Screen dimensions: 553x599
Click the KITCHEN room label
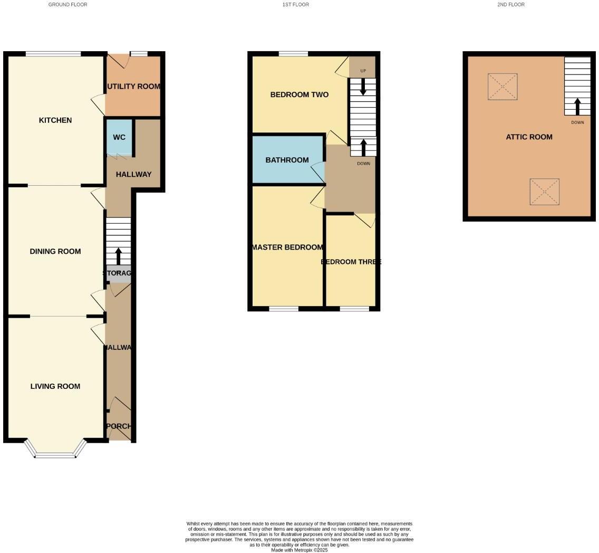tap(55, 120)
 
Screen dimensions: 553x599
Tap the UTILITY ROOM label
tap(133, 86)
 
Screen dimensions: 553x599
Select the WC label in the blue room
tap(119, 137)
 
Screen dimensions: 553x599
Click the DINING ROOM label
tap(55, 251)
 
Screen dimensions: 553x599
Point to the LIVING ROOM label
tap(55, 386)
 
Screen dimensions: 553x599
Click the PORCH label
tap(119, 426)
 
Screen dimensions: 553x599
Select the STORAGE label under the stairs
tap(117, 273)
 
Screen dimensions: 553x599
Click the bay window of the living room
tap(55, 450)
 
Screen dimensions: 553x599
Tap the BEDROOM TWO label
tap(299, 94)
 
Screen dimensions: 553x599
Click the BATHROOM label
tap(287, 160)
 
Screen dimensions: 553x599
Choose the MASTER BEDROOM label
tap(287, 247)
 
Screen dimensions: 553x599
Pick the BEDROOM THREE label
tap(351, 262)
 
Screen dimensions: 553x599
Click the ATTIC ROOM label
tap(529, 137)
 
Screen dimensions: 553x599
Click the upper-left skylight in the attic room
tap(503, 87)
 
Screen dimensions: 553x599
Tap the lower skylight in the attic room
tap(544, 192)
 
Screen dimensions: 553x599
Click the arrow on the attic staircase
tap(577, 106)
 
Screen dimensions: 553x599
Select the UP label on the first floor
tap(363, 71)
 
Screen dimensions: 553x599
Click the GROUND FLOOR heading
tap(67, 4)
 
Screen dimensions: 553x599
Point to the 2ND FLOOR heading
tap(510, 4)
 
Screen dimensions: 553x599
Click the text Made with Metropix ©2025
tap(299, 550)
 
